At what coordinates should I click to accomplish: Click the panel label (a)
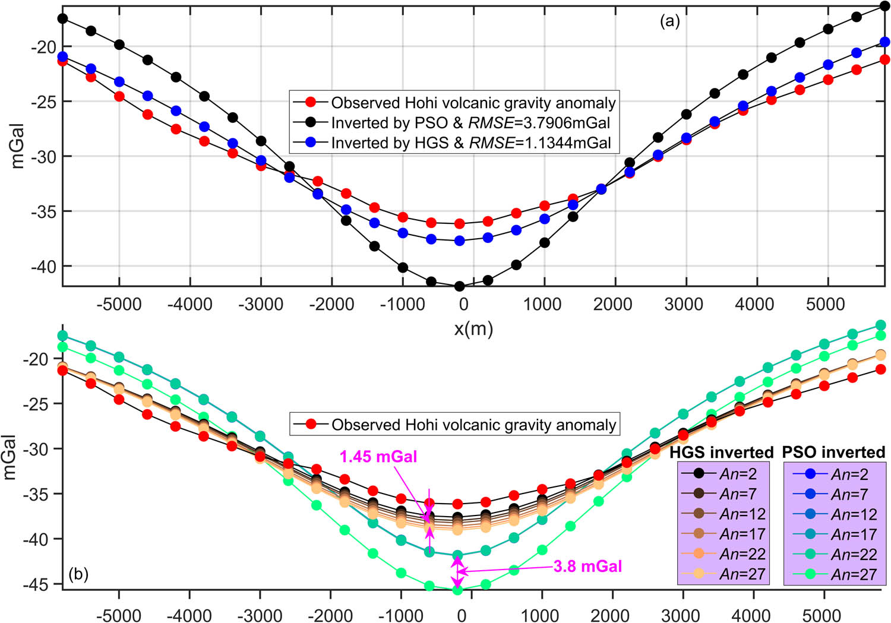tap(669, 22)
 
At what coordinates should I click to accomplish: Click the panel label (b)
tap(78, 574)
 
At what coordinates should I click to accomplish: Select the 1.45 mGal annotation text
tap(378, 457)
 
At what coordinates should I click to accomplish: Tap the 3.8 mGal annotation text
tap(587, 566)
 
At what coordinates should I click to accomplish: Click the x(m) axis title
tap(473, 328)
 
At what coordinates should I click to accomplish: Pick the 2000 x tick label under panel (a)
tap(612, 304)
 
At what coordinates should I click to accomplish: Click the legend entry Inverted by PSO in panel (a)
tap(470, 123)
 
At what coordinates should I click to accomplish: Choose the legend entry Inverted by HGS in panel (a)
tap(470, 143)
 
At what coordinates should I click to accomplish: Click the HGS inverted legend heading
tap(721, 453)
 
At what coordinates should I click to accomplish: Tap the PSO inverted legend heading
tap(833, 453)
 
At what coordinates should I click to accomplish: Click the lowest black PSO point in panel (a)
tap(459, 286)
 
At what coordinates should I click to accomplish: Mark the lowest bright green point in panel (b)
tap(457, 590)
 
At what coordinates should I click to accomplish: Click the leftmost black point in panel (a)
tap(62, 18)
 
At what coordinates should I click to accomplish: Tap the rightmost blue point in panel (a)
tap(884, 42)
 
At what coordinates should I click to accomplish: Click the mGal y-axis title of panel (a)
tap(18, 146)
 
